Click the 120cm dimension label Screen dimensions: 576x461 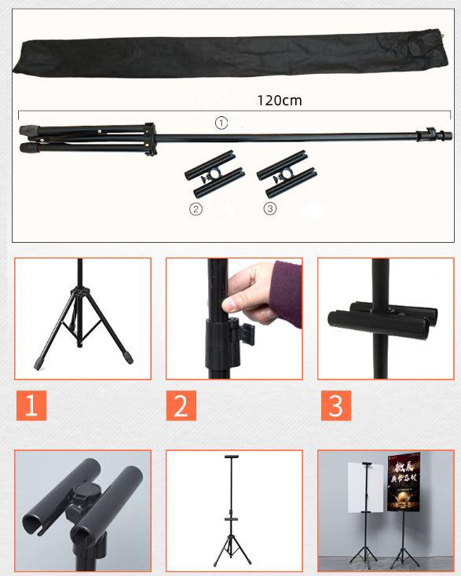279,101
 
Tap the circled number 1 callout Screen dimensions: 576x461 221,123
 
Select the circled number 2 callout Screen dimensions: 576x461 196,208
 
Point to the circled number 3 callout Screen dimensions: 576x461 270,208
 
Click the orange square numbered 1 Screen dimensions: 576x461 31,405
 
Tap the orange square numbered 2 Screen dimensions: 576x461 181,405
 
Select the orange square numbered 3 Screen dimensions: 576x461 335,405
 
